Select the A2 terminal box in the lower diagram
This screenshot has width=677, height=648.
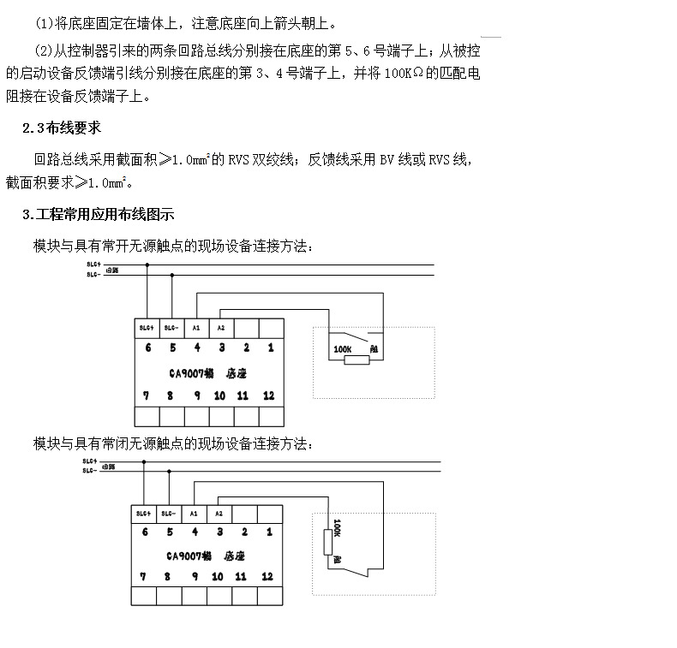click(x=219, y=514)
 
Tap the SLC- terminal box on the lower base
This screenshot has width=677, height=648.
click(x=168, y=514)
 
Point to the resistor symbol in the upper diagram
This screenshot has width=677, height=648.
click(x=356, y=360)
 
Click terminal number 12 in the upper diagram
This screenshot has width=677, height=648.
click(x=269, y=395)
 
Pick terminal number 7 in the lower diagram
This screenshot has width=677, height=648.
click(x=142, y=577)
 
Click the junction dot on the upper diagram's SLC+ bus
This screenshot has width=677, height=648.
click(x=147, y=265)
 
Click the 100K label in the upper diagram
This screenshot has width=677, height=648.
click(x=342, y=349)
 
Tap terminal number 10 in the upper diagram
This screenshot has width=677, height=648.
click(x=220, y=395)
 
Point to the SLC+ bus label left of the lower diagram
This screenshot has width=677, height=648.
click(x=90, y=461)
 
